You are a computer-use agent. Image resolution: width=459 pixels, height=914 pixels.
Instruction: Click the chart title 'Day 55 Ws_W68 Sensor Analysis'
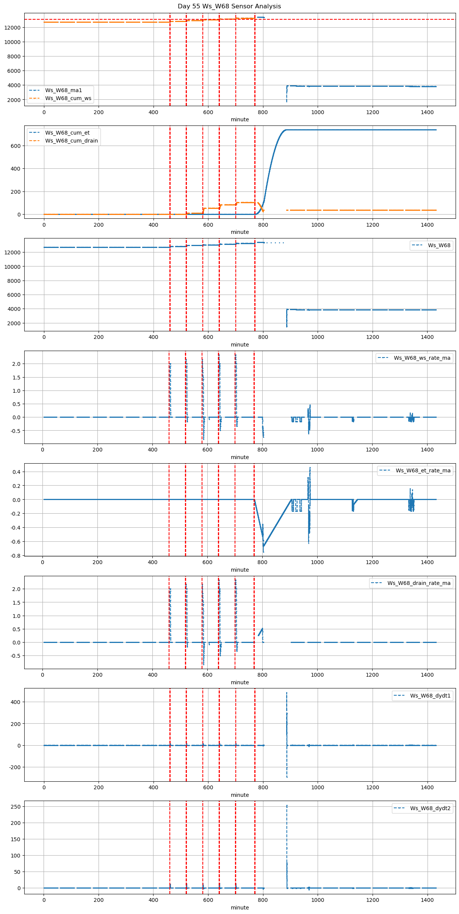point(229,6)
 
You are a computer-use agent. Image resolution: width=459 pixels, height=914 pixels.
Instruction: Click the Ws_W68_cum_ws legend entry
point(68,99)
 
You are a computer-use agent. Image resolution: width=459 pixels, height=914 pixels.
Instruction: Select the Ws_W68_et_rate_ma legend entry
point(423,470)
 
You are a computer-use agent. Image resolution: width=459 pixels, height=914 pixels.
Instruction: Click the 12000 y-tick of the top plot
point(13,28)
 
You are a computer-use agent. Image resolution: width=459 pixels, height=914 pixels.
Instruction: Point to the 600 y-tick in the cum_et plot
point(17,146)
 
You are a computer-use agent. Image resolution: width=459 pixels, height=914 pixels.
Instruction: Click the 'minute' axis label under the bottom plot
point(240,908)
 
